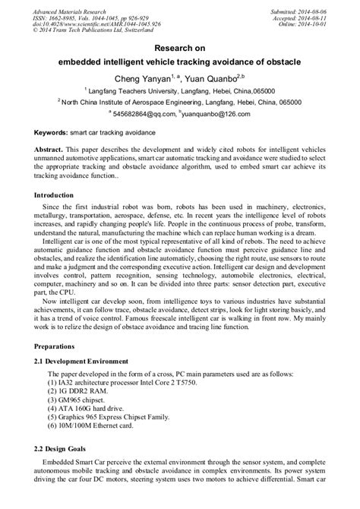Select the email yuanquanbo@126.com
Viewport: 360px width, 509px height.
(214, 114)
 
